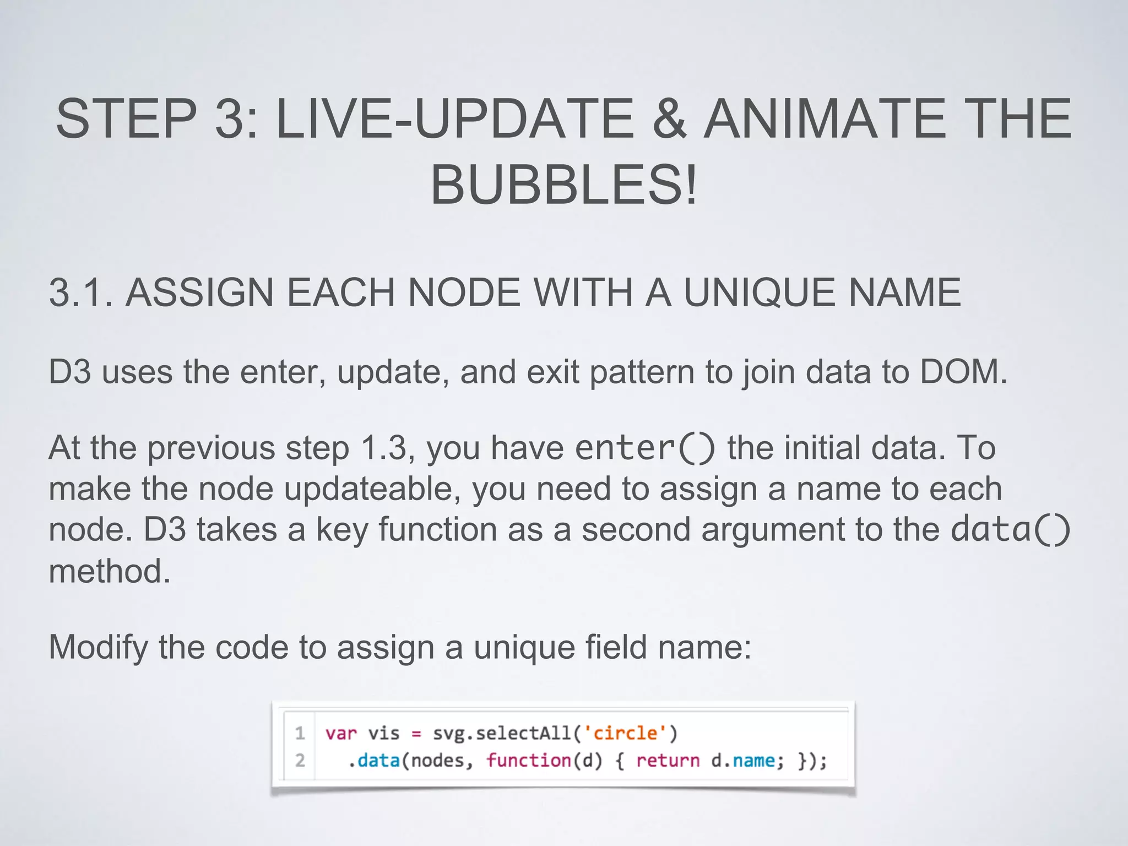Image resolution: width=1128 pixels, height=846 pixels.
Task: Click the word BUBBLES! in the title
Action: click(x=563, y=185)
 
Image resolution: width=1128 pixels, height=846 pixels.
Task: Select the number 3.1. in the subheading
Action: click(x=81, y=292)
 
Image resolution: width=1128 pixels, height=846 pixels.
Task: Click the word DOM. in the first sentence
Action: click(x=963, y=372)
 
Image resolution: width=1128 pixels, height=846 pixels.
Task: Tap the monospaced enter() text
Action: click(x=644, y=447)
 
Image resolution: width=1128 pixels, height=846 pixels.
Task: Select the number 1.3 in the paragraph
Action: click(x=383, y=447)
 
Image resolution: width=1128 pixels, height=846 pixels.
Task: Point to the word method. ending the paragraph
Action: click(x=110, y=571)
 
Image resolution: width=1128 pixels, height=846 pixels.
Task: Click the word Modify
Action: click(x=98, y=647)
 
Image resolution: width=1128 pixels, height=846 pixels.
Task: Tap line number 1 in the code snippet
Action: click(x=300, y=733)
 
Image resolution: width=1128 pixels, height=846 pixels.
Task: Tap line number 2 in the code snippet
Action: click(x=300, y=761)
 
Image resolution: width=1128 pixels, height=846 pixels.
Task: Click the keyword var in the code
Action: click(x=341, y=734)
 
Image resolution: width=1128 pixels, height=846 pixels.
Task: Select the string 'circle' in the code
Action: click(x=625, y=733)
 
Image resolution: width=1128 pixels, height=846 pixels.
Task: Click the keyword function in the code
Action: click(x=529, y=761)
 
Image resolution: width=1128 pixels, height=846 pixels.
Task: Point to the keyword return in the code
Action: click(x=668, y=761)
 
